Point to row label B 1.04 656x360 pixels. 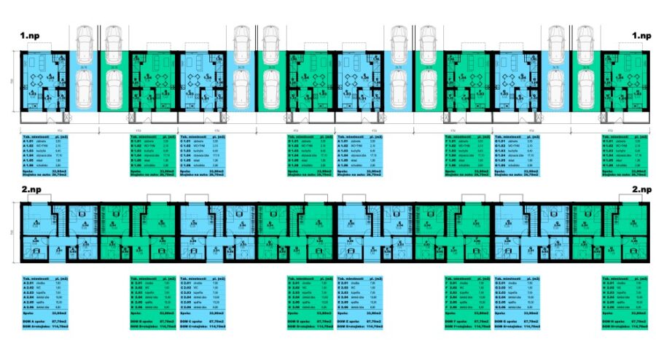pos(136,155)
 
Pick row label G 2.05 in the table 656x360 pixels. pos(501,303)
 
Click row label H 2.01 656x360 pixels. pos(610,283)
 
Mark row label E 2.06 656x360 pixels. pos(345,308)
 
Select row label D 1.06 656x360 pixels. pos(294,165)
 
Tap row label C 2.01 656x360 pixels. pos(187,283)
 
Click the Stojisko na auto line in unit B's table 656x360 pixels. pos(146,176)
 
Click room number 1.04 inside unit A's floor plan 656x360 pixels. pos(50,77)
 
